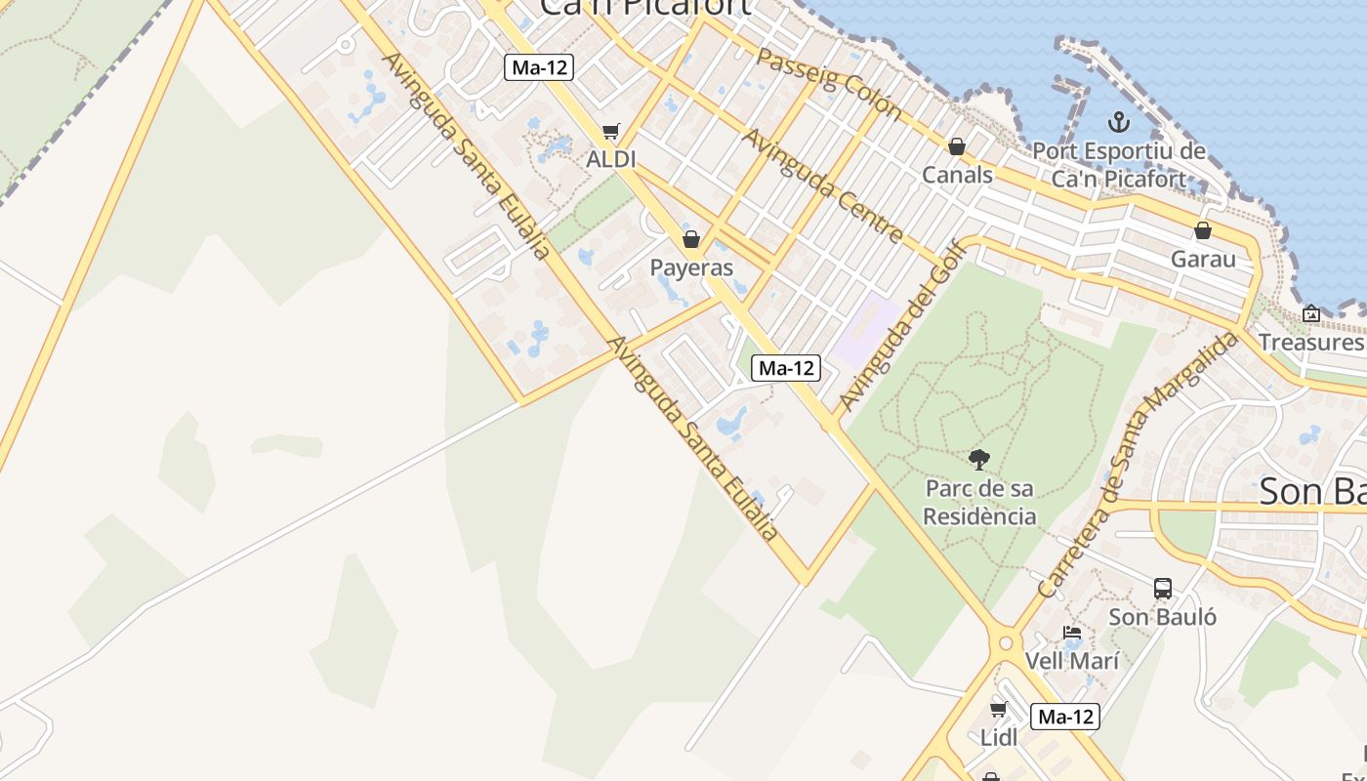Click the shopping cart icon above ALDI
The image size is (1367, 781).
(611, 132)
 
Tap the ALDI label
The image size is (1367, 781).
(611, 159)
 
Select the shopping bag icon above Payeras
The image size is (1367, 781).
(691, 239)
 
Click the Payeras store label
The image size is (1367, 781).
(691, 267)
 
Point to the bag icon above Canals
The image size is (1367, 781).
(957, 146)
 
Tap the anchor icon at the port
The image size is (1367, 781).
(1119, 123)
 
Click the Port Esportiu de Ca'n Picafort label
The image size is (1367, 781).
(1119, 165)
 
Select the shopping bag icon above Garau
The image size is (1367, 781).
(1203, 231)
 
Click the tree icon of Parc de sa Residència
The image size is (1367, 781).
(979, 460)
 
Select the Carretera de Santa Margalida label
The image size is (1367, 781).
(1137, 465)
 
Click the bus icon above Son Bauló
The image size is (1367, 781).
(1163, 589)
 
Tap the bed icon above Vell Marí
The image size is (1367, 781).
(1071, 633)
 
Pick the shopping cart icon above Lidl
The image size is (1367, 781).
(998, 710)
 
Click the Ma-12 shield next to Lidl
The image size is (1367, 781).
(1065, 717)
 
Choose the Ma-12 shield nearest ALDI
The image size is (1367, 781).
(539, 67)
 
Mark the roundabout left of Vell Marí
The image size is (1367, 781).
(1005, 644)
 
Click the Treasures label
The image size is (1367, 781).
(1310, 342)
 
